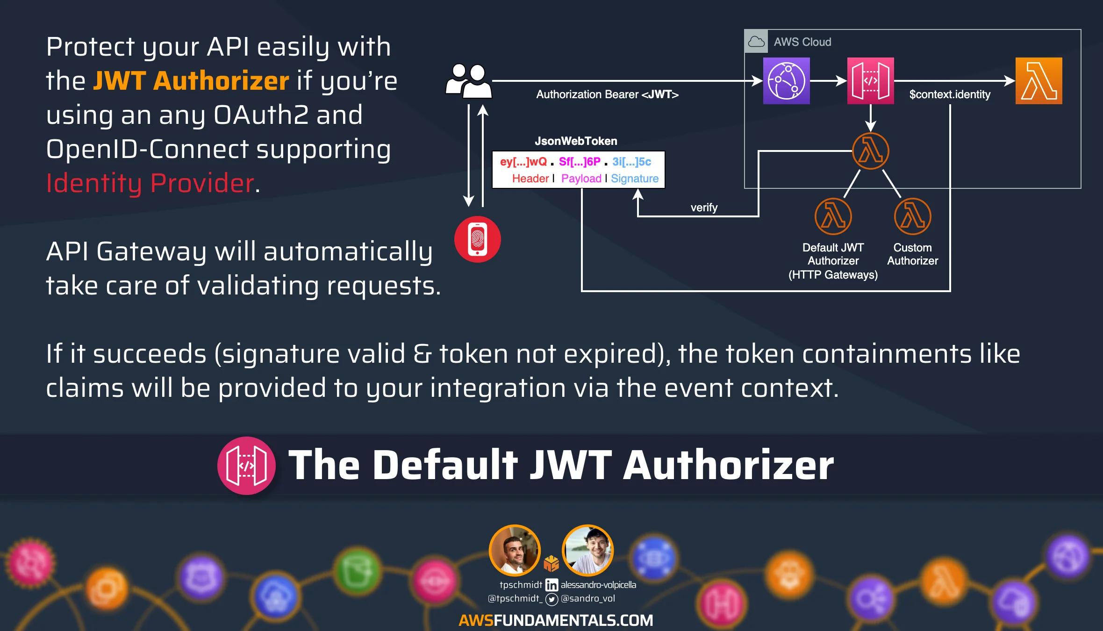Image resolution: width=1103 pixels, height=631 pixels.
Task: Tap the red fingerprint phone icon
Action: [x=477, y=239]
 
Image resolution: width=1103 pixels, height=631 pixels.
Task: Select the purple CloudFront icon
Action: [x=786, y=81]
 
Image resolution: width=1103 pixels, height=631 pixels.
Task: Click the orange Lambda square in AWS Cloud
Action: [x=1039, y=81]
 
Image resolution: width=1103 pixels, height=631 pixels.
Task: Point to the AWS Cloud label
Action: [x=802, y=42]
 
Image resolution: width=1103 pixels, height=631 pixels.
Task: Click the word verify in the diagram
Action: [x=704, y=208]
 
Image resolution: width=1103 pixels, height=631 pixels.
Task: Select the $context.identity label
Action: [x=950, y=94]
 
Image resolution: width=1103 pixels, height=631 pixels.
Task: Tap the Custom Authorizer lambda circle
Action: [x=912, y=216]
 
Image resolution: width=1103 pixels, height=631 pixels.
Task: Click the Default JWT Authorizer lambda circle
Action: [x=833, y=216]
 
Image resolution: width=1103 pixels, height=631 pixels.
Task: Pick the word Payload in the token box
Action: [x=581, y=179]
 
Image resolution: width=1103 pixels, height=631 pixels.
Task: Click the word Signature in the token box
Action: [x=634, y=179]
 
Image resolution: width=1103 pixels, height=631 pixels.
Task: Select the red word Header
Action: [x=530, y=179]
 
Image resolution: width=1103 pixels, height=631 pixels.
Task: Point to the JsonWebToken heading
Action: [x=576, y=141]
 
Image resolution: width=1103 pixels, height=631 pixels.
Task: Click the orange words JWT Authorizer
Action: [x=191, y=80]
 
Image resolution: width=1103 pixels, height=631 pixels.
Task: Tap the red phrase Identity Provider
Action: [x=150, y=183]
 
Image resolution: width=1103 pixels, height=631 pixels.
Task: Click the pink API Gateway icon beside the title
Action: [x=246, y=466]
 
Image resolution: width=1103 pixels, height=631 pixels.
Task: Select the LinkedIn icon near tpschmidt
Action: [x=551, y=585]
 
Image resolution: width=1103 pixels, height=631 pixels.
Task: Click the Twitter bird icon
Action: [x=551, y=599]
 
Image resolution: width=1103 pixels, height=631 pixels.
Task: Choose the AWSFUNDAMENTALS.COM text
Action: [x=556, y=620]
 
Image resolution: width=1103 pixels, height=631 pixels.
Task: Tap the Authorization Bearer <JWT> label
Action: [x=607, y=94]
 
